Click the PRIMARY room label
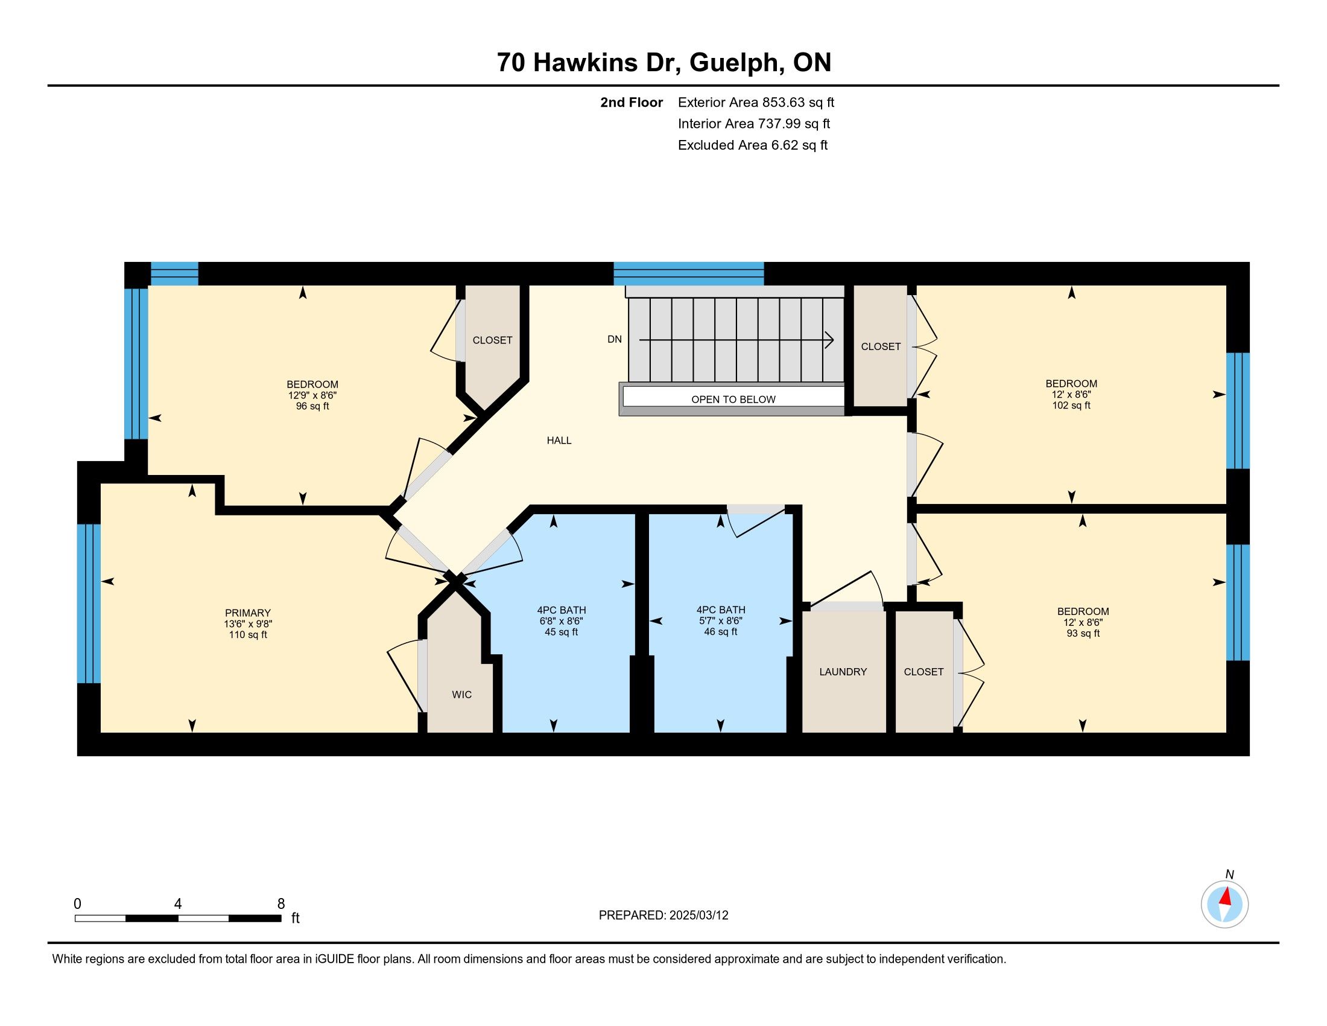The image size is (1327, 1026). pos(248,613)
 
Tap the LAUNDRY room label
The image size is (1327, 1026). pos(843,672)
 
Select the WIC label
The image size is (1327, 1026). pos(462,695)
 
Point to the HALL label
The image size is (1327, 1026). pos(559,441)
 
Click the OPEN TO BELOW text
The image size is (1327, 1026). pos(733,400)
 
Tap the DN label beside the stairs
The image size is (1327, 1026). pos(614,339)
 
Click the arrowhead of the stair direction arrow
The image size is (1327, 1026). pos(829,340)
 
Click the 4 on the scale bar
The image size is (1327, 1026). pos(178,904)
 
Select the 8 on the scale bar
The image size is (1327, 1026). pos(280,904)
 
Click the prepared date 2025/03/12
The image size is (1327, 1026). pos(698,916)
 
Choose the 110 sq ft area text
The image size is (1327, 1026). pos(248,635)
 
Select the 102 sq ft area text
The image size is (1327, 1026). pos(1071,406)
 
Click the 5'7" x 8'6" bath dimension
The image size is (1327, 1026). pos(721,620)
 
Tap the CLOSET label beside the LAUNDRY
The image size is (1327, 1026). pos(923,672)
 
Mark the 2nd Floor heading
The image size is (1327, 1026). pos(632,102)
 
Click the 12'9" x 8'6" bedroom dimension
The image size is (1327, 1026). pos(312,395)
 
